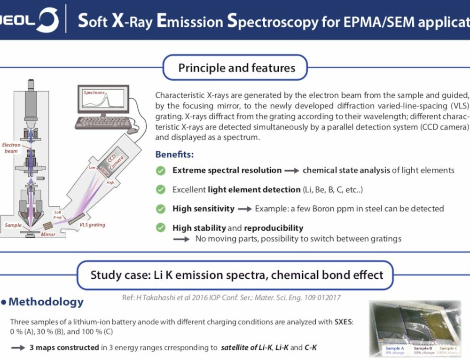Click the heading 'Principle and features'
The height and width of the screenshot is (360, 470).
tap(236, 68)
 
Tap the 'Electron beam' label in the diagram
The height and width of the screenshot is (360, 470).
tap(11, 148)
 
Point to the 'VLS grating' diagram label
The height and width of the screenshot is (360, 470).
tap(92, 225)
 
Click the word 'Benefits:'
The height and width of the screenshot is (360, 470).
tap(174, 154)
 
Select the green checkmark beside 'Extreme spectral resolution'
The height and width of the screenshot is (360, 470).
tap(161, 171)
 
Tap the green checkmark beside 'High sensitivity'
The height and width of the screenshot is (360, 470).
tap(161, 208)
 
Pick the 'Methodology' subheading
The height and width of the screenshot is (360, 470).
tap(46, 302)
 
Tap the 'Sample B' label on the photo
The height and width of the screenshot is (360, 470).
tap(423, 348)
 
